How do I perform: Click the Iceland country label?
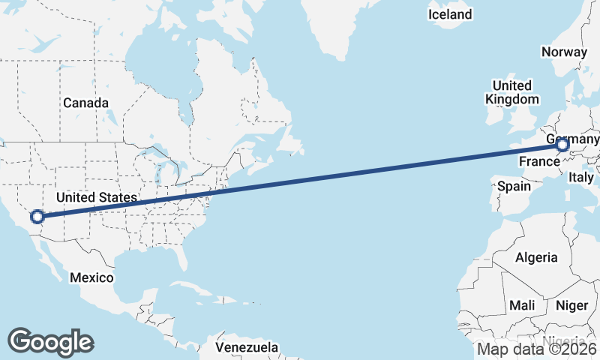coord(450,14)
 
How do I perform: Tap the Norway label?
coord(563,52)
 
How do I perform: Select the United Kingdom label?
coord(512,92)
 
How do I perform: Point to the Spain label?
coord(514,185)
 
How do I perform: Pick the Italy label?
coord(580,178)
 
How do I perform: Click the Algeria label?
coord(536,257)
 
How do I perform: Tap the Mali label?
coord(521,305)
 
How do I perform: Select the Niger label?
coord(571,305)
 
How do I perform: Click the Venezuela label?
coord(247,347)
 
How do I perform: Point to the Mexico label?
coord(91,277)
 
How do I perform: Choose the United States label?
coord(97,197)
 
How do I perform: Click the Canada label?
coord(85,103)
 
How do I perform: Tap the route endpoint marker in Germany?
coord(562,145)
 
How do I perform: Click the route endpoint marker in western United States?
coord(37,217)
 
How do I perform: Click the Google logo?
coord(50,341)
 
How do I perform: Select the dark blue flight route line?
coord(300,181)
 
